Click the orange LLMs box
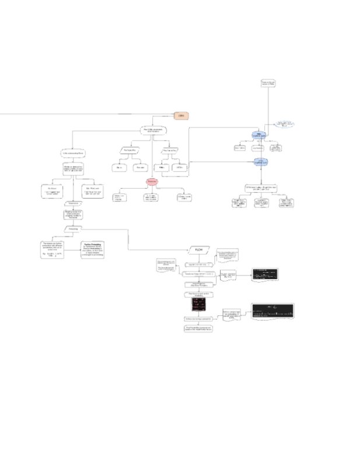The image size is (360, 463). [x=181, y=116]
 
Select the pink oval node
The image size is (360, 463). [x=153, y=183]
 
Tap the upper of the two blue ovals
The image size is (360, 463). [x=260, y=135]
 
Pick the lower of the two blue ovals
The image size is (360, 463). [x=260, y=162]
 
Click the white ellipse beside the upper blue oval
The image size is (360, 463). [x=285, y=124]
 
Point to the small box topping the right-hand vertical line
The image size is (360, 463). [x=268, y=83]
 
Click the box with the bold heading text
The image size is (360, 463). [x=93, y=250]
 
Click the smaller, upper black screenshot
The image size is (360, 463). [x=264, y=274]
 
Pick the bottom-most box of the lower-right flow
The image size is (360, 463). [x=198, y=329]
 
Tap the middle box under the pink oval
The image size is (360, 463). [x=152, y=197]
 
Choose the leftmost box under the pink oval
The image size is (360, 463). [x=120, y=197]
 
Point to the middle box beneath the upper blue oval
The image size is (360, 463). [x=259, y=148]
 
